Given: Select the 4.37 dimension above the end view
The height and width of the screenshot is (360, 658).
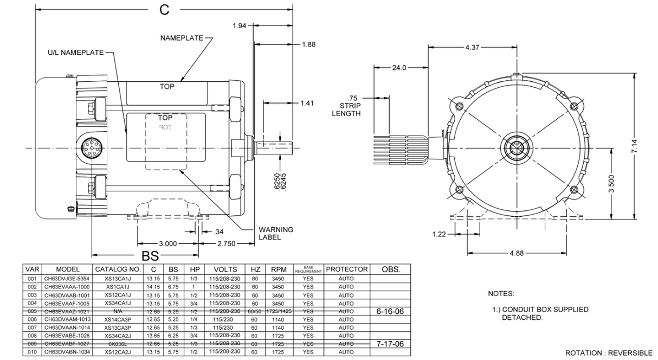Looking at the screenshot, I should (472, 47).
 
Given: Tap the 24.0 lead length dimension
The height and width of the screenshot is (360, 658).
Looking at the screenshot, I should (399, 67).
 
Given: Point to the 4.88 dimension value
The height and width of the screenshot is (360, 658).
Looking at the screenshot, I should (517, 253).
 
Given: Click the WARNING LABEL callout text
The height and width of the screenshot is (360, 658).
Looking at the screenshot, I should (276, 233).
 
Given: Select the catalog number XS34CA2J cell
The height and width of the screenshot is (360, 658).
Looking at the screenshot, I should (118, 336).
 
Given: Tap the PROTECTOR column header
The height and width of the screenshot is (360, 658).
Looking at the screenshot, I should (347, 269).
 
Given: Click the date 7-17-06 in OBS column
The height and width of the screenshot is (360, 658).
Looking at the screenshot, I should (390, 344).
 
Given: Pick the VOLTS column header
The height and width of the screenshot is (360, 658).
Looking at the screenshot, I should (225, 269).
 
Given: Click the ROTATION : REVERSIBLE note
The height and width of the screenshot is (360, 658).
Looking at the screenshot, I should (608, 353).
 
